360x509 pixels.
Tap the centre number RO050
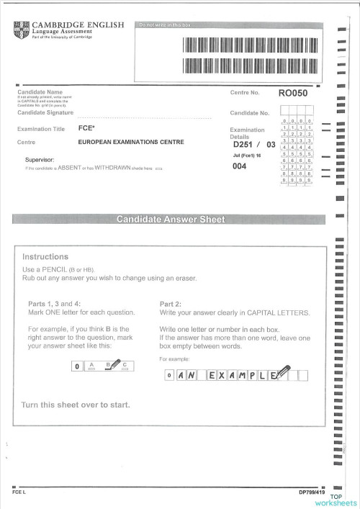pyautogui.click(x=292, y=93)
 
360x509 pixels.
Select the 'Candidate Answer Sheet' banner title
pyautogui.click(x=171, y=220)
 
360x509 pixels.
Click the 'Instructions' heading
pyautogui.click(x=45, y=256)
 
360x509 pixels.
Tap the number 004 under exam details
pyautogui.click(x=240, y=167)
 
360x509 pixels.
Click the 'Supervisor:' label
pyautogui.click(x=40, y=159)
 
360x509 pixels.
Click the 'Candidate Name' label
pyautogui.click(x=40, y=93)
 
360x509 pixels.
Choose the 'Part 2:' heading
pyautogui.click(x=170, y=304)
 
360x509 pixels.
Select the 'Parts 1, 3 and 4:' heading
pyautogui.click(x=55, y=304)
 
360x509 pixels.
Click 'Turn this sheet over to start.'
pyautogui.click(x=76, y=405)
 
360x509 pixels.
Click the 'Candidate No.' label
pyautogui.click(x=249, y=113)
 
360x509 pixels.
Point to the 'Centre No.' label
pyautogui.click(x=245, y=94)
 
